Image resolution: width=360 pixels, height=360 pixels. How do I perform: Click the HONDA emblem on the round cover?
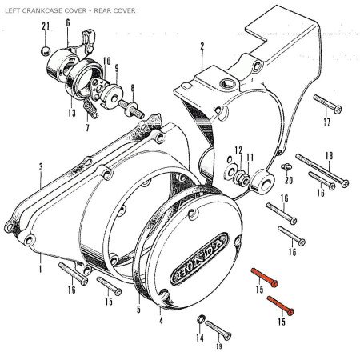199,259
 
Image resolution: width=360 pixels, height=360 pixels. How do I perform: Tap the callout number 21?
46,26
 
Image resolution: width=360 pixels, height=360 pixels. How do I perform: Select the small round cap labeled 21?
46,51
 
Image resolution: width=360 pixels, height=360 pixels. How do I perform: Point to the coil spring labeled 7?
90,109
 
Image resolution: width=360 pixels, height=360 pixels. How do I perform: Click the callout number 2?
202,46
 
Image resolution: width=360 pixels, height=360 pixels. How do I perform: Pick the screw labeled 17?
327,104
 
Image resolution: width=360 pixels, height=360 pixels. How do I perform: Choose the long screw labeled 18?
322,170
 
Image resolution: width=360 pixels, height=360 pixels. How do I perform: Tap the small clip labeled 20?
286,167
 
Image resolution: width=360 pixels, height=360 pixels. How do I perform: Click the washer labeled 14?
201,319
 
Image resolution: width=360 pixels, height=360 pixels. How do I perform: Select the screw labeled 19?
218,330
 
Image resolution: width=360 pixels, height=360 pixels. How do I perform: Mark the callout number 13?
72,113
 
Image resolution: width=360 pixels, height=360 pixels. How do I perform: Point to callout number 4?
161,320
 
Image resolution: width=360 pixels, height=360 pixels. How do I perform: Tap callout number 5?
138,309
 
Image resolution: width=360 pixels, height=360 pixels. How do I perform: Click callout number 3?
41,167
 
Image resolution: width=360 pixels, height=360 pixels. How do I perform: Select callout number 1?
40,269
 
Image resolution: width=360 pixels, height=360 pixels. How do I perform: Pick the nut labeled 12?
242,178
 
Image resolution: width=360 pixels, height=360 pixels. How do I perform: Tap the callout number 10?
106,61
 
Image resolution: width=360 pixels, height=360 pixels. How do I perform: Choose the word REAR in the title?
102,10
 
